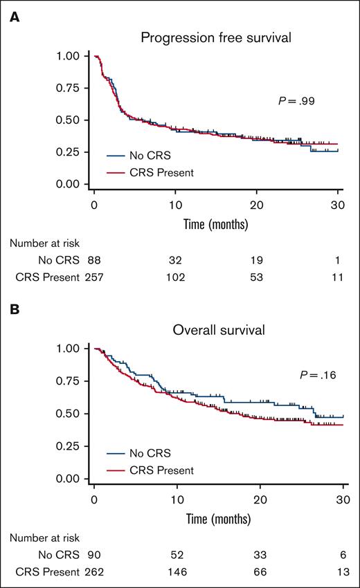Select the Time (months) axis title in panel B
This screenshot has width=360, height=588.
(219, 515)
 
